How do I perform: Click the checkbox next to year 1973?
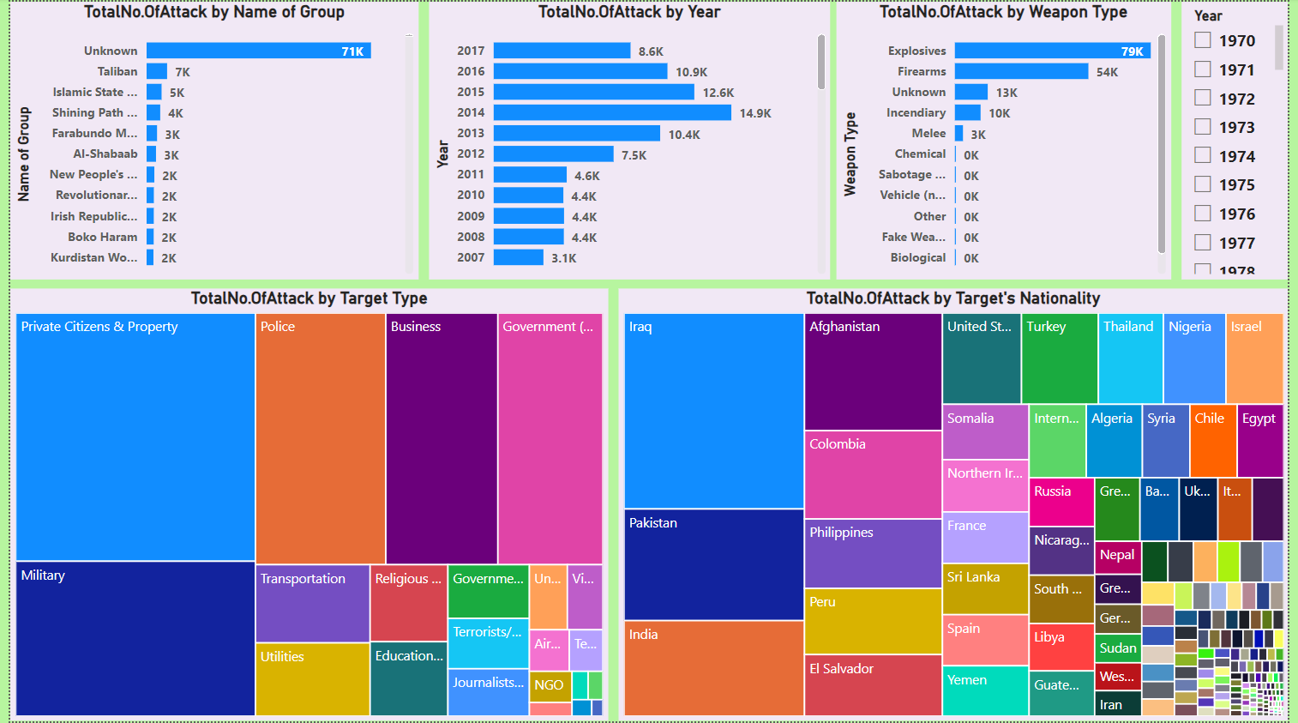[1203, 127]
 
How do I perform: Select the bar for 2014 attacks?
[612, 112]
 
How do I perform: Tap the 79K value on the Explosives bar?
[1132, 51]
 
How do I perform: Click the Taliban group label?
[117, 71]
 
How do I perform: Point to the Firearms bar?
[1021, 71]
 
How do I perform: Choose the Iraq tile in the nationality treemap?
[713, 411]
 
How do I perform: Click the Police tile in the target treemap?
[320, 437]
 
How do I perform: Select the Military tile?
[135, 638]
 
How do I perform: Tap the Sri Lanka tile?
[985, 588]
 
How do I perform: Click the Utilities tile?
[312, 678]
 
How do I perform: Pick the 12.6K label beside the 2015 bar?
[718, 93]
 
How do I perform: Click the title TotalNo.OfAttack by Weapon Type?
[1003, 12]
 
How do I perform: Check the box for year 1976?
[1203, 214]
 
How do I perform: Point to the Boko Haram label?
[102, 237]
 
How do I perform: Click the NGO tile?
[550, 685]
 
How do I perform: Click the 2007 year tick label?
[471, 257]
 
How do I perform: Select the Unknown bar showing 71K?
[258, 51]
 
